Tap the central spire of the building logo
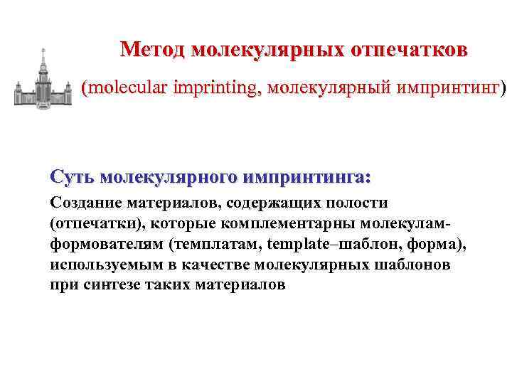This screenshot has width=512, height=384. point(43,58)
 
